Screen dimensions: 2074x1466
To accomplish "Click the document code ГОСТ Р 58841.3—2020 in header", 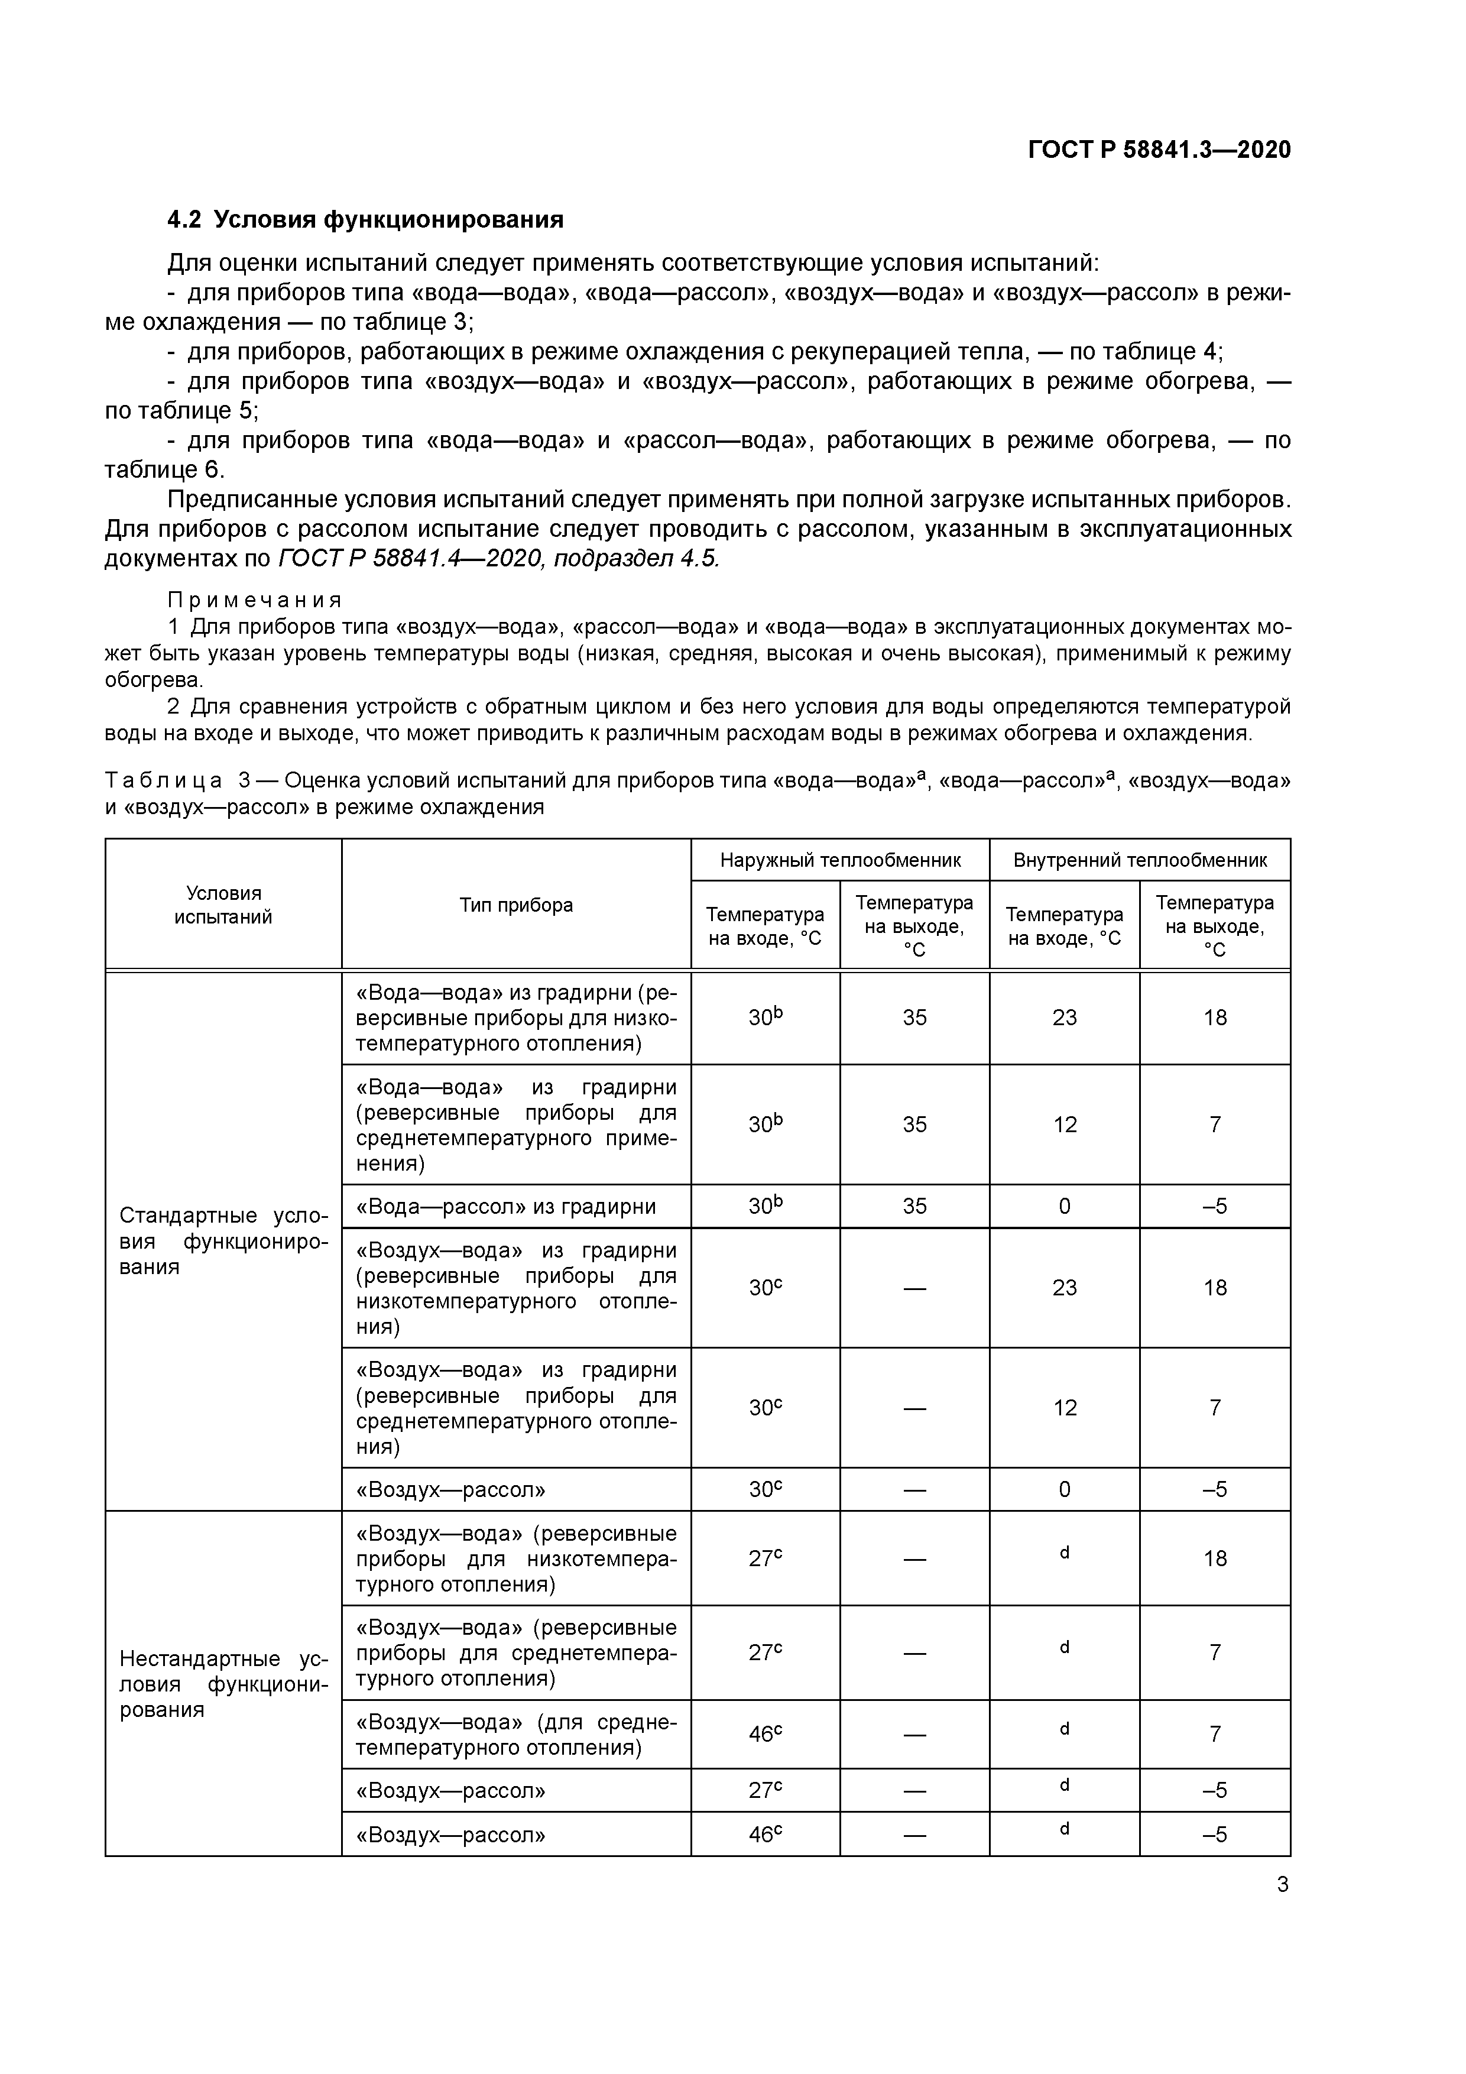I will pyautogui.click(x=1159, y=150).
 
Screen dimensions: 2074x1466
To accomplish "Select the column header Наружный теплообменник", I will pyautogui.click(x=840, y=860).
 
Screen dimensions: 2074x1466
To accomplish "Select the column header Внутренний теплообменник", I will pyautogui.click(x=1140, y=860).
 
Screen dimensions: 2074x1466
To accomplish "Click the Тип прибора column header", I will pyautogui.click(x=516, y=905).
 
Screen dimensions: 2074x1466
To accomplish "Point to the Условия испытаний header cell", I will pyautogui.click(x=223, y=905).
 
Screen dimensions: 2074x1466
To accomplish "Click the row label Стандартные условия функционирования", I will pyautogui.click(x=223, y=1240).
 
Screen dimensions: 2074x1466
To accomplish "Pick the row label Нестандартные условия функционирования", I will pyautogui.click(x=223, y=1684).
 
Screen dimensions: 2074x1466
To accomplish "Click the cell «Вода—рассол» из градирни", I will pyautogui.click(x=506, y=1207).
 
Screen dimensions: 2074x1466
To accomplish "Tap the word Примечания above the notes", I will pyautogui.click(x=255, y=601).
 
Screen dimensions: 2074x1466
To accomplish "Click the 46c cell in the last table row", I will pyautogui.click(x=765, y=1835).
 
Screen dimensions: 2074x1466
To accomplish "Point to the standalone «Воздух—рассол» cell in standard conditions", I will pyautogui.click(x=450, y=1489).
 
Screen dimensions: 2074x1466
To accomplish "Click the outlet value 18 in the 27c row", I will pyautogui.click(x=1215, y=1558).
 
